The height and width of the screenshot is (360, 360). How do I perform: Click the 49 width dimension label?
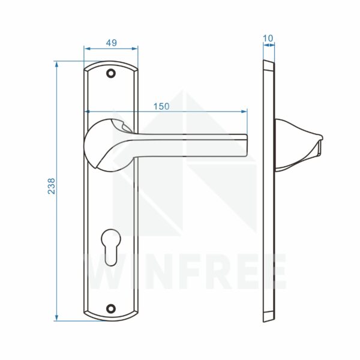(112, 43)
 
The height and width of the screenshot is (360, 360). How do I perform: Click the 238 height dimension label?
(52, 186)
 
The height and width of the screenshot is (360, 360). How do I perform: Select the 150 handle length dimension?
(161, 107)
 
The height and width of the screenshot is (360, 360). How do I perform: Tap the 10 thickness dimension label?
(268, 38)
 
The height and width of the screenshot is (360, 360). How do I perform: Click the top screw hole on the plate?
(111, 73)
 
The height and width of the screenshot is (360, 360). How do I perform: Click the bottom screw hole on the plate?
(111, 308)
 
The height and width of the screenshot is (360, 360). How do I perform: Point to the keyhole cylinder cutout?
(111, 247)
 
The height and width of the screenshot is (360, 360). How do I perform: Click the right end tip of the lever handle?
(247, 145)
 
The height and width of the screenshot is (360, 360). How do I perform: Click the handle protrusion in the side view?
(298, 145)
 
